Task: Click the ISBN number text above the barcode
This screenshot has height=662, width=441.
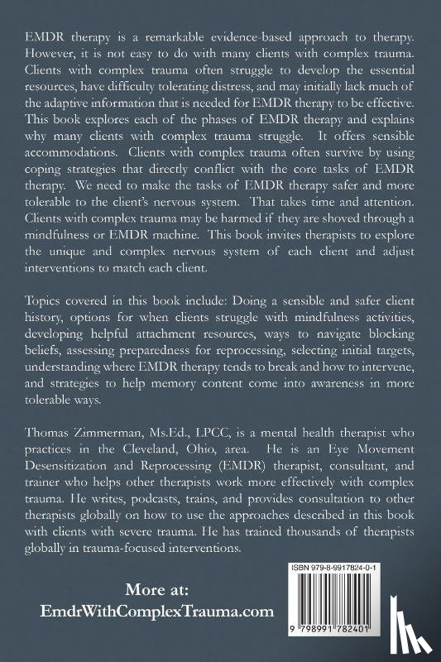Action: [348, 569]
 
